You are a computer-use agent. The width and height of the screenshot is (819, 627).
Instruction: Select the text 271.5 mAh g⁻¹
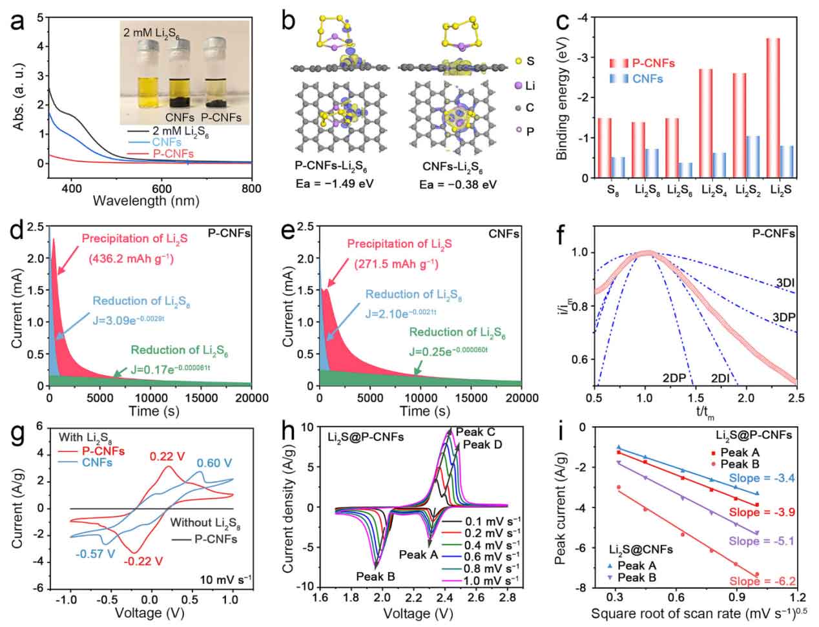[x=393, y=263]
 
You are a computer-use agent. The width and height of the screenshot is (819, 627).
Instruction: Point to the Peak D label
[x=482, y=444]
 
